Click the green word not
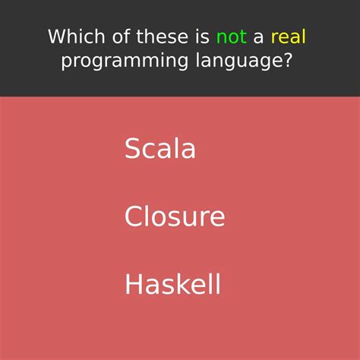(231, 36)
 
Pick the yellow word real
(288, 36)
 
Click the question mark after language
(287, 61)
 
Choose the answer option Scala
(160, 148)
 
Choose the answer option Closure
(175, 216)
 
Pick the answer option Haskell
(173, 285)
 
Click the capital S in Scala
(133, 149)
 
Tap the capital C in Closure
(134, 217)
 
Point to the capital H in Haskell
(134, 285)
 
